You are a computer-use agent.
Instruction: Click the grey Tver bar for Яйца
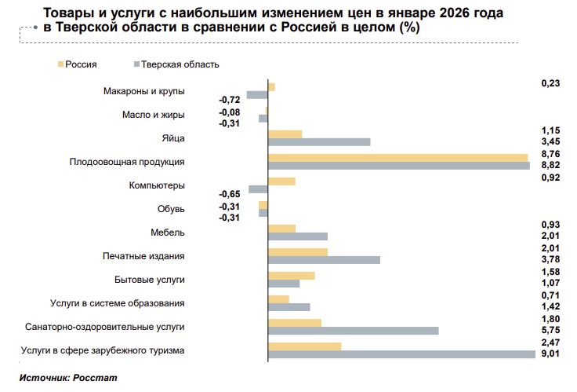click(318, 141)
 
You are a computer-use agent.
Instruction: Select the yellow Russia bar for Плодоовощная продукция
click(397, 157)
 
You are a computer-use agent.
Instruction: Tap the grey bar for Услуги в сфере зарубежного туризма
click(402, 354)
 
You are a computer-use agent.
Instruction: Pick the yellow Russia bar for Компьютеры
click(281, 181)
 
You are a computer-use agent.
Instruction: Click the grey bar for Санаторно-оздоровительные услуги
click(353, 331)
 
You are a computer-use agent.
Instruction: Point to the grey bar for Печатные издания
click(324, 260)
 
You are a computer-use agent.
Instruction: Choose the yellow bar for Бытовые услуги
click(291, 276)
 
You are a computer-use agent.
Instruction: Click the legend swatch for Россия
click(60, 64)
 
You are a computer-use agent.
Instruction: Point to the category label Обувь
click(171, 209)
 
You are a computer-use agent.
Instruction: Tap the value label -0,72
click(229, 100)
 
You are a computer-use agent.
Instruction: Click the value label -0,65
click(229, 194)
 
